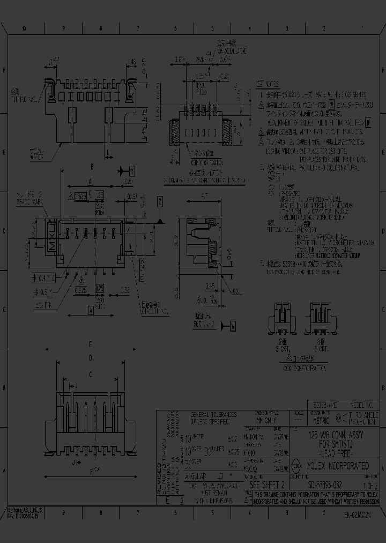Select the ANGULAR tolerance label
tap(198, 476)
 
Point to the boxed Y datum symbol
tap(132, 171)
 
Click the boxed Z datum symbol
tap(160, 202)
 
